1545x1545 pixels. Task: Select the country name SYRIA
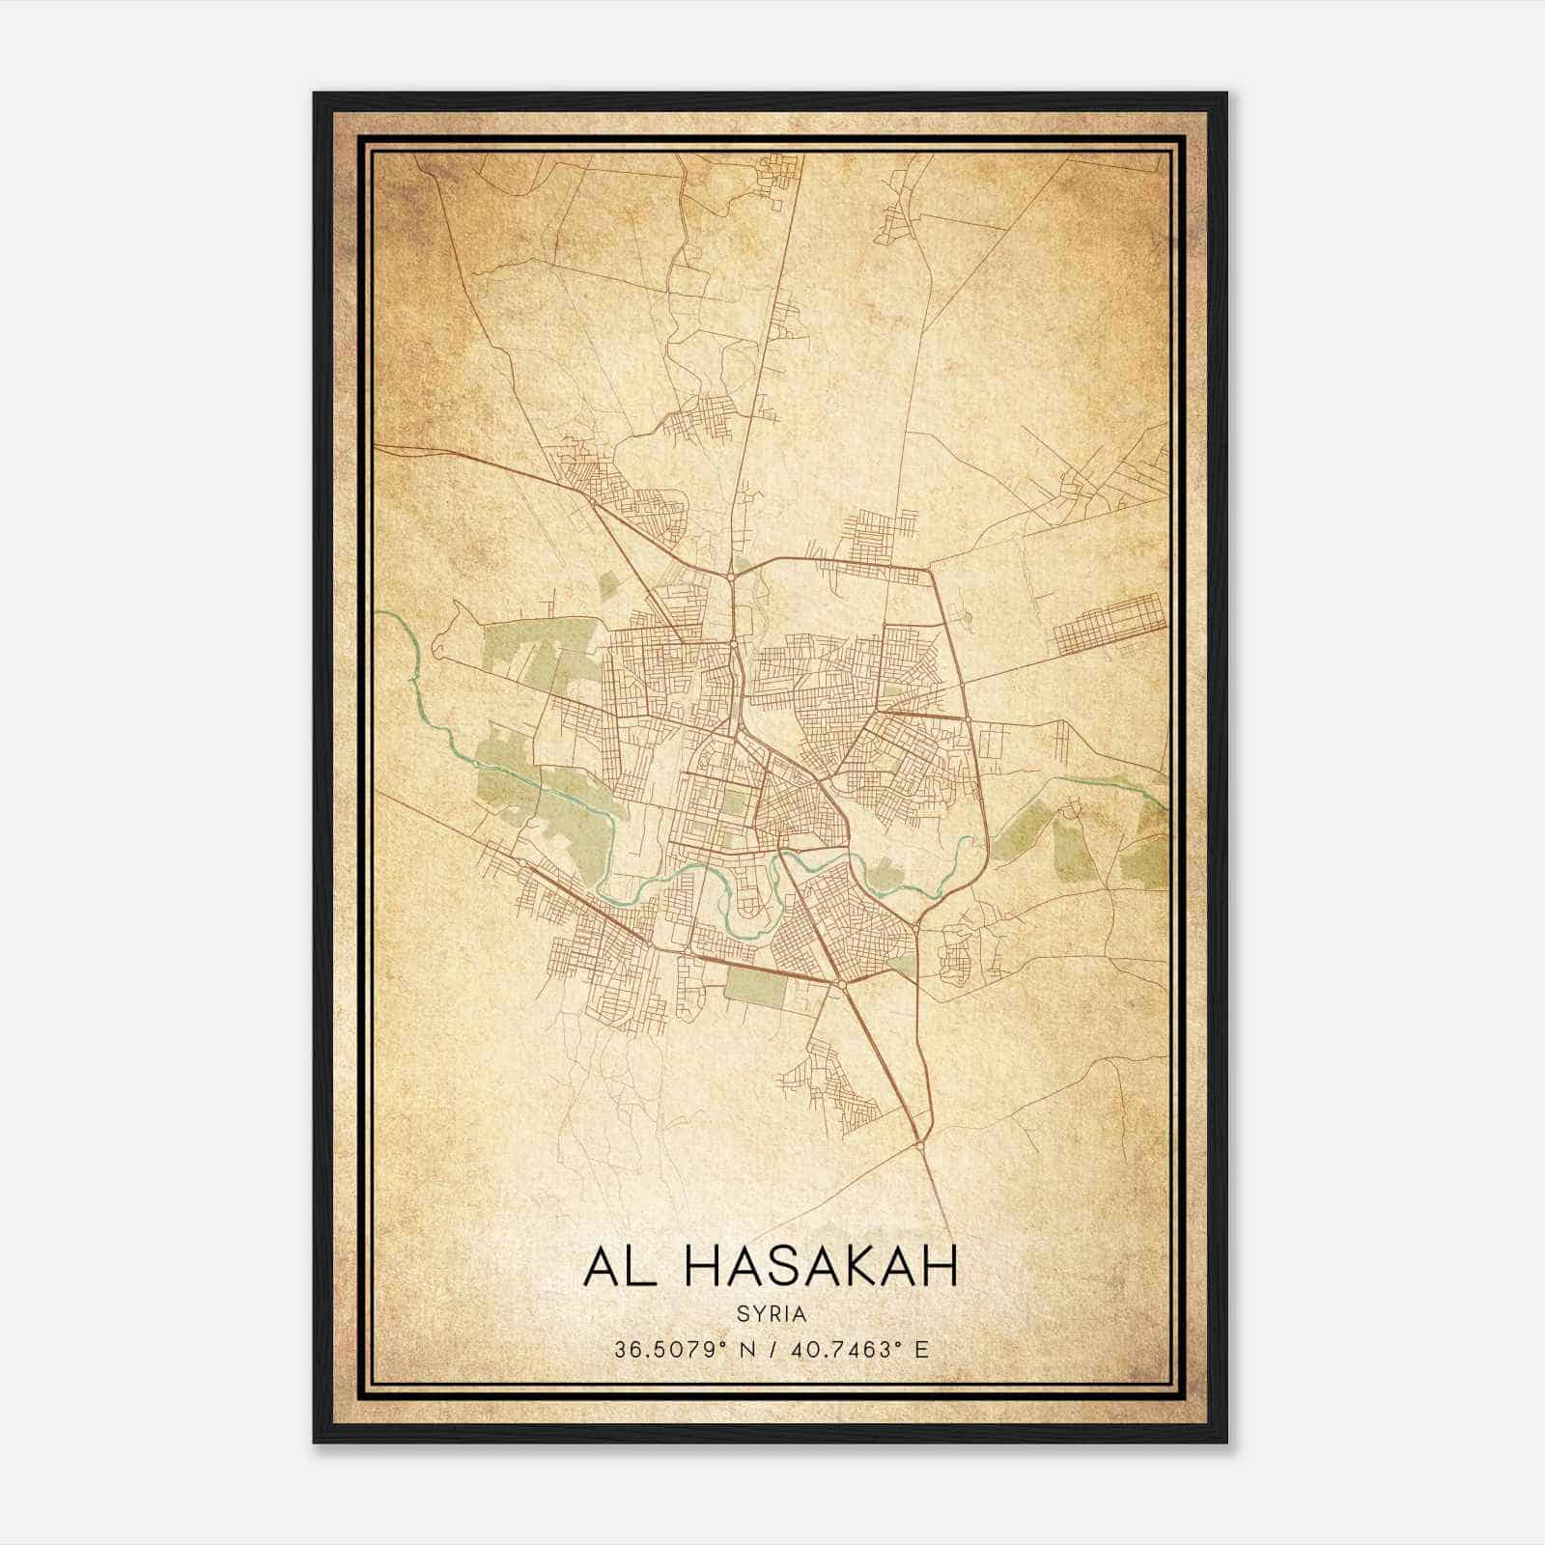(771, 1315)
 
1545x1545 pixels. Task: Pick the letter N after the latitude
(745, 1350)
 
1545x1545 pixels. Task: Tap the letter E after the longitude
(922, 1350)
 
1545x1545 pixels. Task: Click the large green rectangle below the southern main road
(757, 986)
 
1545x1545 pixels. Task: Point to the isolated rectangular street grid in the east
(1110, 624)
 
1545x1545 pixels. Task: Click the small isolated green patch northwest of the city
(608, 584)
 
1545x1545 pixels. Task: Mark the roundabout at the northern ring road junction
(731, 576)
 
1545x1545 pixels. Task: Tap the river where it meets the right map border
(1167, 801)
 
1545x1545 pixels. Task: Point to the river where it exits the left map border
(378, 613)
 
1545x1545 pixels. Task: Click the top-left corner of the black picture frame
(314, 94)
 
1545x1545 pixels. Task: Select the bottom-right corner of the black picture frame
(1226, 1442)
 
